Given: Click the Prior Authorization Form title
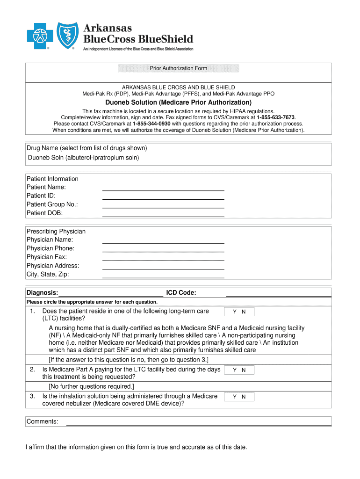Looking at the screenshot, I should (178, 68).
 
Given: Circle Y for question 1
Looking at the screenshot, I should (235, 312).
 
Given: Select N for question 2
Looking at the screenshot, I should (244, 370).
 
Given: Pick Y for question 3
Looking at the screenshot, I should (235, 397).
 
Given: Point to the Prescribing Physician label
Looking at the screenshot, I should (56, 232).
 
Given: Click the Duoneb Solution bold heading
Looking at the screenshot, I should (178, 102).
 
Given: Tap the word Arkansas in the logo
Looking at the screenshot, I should (108, 28).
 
